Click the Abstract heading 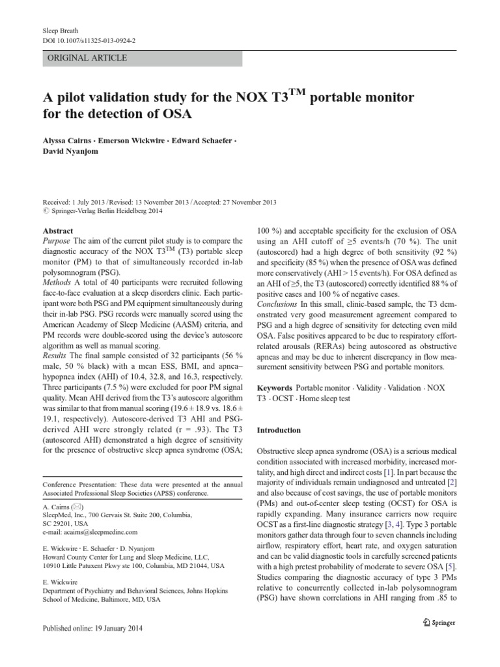(58, 231)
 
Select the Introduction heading (279, 431)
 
